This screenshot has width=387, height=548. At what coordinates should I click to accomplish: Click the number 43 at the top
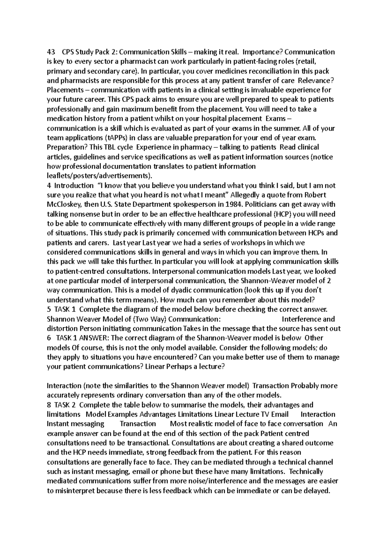pyautogui.click(x=51, y=52)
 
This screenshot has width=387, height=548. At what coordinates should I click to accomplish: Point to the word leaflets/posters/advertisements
pyautogui.click(x=99, y=176)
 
